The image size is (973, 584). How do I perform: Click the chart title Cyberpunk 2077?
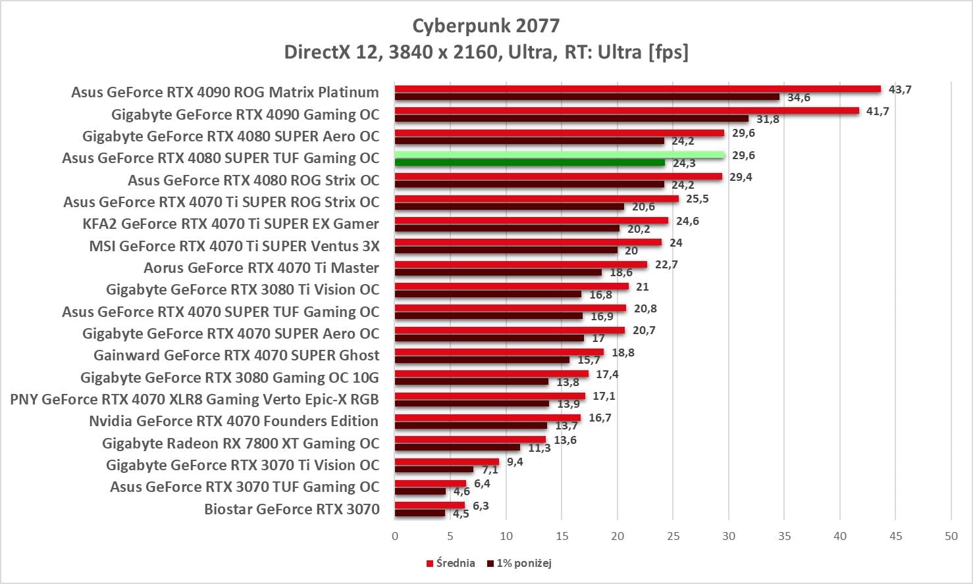tap(486, 26)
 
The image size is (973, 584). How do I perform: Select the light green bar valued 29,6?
tap(560, 155)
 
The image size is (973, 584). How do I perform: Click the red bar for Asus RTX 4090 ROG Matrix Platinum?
tap(637, 89)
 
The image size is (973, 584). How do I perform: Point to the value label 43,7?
tap(900, 89)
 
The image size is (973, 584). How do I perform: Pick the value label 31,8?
tap(768, 119)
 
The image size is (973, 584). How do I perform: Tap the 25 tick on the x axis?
tap(673, 536)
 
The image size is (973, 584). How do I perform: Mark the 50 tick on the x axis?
tap(951, 536)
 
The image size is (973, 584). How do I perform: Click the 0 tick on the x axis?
tap(395, 536)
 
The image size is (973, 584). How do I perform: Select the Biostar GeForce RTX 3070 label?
tap(292, 509)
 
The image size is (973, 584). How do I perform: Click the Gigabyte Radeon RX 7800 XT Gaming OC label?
tap(241, 443)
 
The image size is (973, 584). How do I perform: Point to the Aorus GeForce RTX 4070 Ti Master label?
tap(261, 268)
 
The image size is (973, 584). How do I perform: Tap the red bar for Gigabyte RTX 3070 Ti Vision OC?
tap(447, 462)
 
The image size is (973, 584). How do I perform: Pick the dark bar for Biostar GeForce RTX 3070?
tap(420, 513)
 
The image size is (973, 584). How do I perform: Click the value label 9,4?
tap(515, 462)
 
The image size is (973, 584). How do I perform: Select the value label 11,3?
tap(539, 449)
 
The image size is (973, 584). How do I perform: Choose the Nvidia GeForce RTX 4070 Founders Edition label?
tap(234, 421)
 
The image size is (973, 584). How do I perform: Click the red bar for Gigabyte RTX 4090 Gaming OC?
tap(627, 110)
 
